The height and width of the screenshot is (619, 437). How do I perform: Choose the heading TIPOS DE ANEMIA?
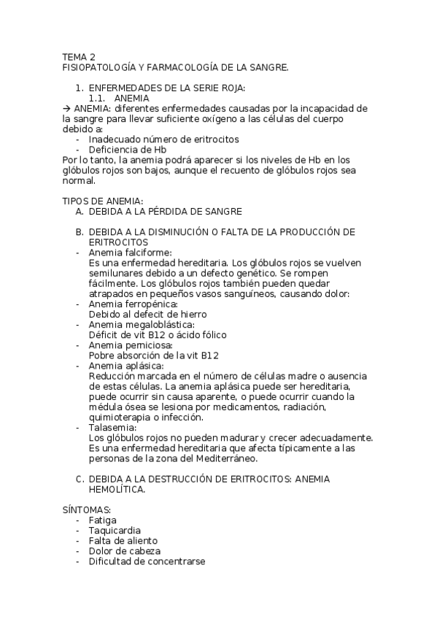[x=103, y=201]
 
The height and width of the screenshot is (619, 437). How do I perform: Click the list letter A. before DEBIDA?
[x=79, y=211]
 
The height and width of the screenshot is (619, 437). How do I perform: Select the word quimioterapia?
[x=122, y=417]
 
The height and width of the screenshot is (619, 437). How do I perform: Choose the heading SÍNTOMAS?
[x=86, y=510]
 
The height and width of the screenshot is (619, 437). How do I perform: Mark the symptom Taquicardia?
[x=115, y=531]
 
